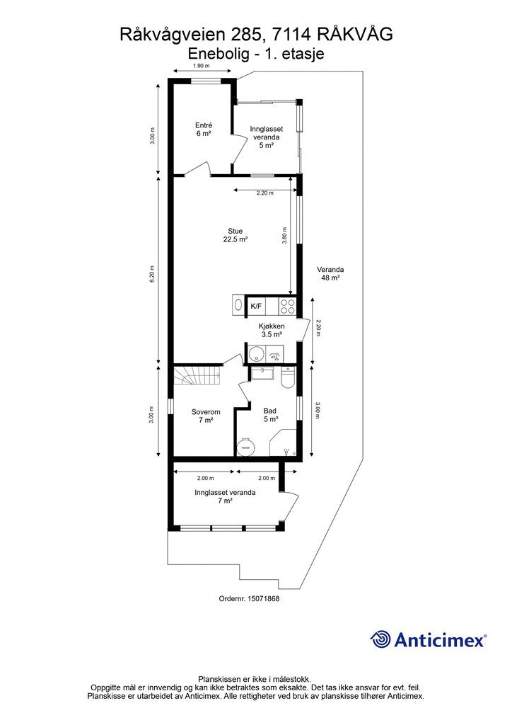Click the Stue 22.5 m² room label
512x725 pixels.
pyautogui.click(x=235, y=235)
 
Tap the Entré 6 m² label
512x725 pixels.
pyautogui.click(x=204, y=129)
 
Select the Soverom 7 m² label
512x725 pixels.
pyautogui.click(x=206, y=416)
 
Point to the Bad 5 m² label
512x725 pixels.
pyautogui.click(x=270, y=415)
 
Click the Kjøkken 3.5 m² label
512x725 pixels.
pyautogui.click(x=272, y=330)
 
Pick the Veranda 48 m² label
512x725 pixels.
pyautogui.click(x=330, y=274)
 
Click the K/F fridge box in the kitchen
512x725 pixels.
pyautogui.click(x=256, y=306)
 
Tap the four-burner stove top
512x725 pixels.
pyautogui.click(x=287, y=306)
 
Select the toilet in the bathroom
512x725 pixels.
pyautogui.click(x=288, y=377)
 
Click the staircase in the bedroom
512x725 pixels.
pyautogui.click(x=197, y=376)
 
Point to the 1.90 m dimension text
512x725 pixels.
pyautogui.click(x=201, y=66)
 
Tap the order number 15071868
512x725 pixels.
pyautogui.click(x=264, y=598)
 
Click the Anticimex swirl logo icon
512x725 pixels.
pyautogui.click(x=381, y=639)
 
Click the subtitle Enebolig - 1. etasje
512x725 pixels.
pyautogui.click(x=256, y=54)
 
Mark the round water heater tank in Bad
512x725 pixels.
pyautogui.click(x=245, y=446)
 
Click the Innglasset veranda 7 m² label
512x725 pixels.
pyautogui.click(x=225, y=496)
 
